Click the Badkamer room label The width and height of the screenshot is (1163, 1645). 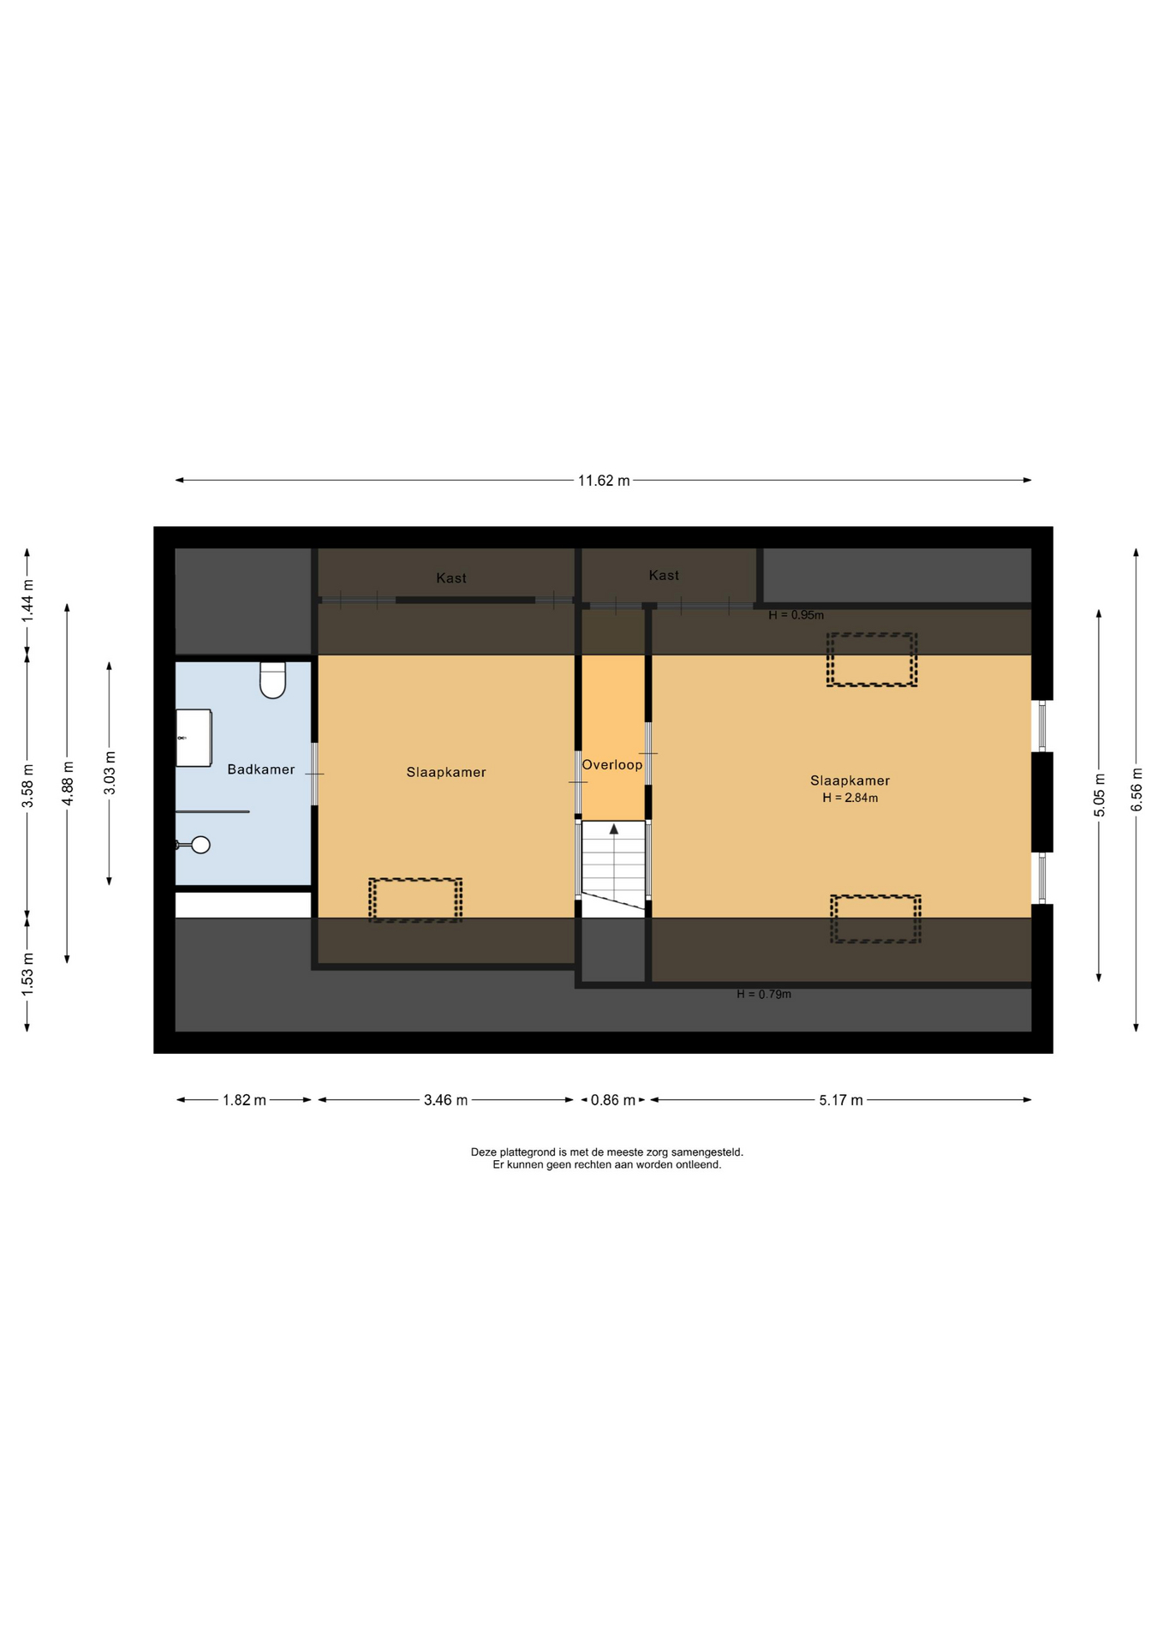click(x=260, y=769)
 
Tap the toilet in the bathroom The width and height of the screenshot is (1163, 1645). click(x=272, y=680)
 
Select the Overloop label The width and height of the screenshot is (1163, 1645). click(x=612, y=765)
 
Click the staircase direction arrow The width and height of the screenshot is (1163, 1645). click(x=614, y=829)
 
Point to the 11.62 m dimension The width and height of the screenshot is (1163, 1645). click(x=604, y=481)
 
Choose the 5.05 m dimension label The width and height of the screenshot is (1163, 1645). click(x=1100, y=795)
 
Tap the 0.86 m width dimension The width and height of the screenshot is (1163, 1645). click(x=613, y=1100)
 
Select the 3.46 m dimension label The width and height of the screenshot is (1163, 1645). click(x=445, y=1100)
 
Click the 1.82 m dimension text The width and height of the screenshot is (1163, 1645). click(x=245, y=1100)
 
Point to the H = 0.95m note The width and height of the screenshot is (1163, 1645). click(x=796, y=615)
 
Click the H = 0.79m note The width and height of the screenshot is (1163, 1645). click(x=764, y=995)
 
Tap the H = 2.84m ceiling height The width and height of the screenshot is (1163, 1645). click(x=850, y=798)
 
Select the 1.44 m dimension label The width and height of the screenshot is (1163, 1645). click(x=27, y=601)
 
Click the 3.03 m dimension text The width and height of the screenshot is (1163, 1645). click(x=110, y=773)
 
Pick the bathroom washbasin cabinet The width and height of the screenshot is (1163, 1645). click(x=194, y=738)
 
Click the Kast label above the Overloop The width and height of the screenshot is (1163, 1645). click(x=664, y=576)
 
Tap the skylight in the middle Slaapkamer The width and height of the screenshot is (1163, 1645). click(x=415, y=900)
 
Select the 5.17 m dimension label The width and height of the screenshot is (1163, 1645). click(x=841, y=1100)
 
